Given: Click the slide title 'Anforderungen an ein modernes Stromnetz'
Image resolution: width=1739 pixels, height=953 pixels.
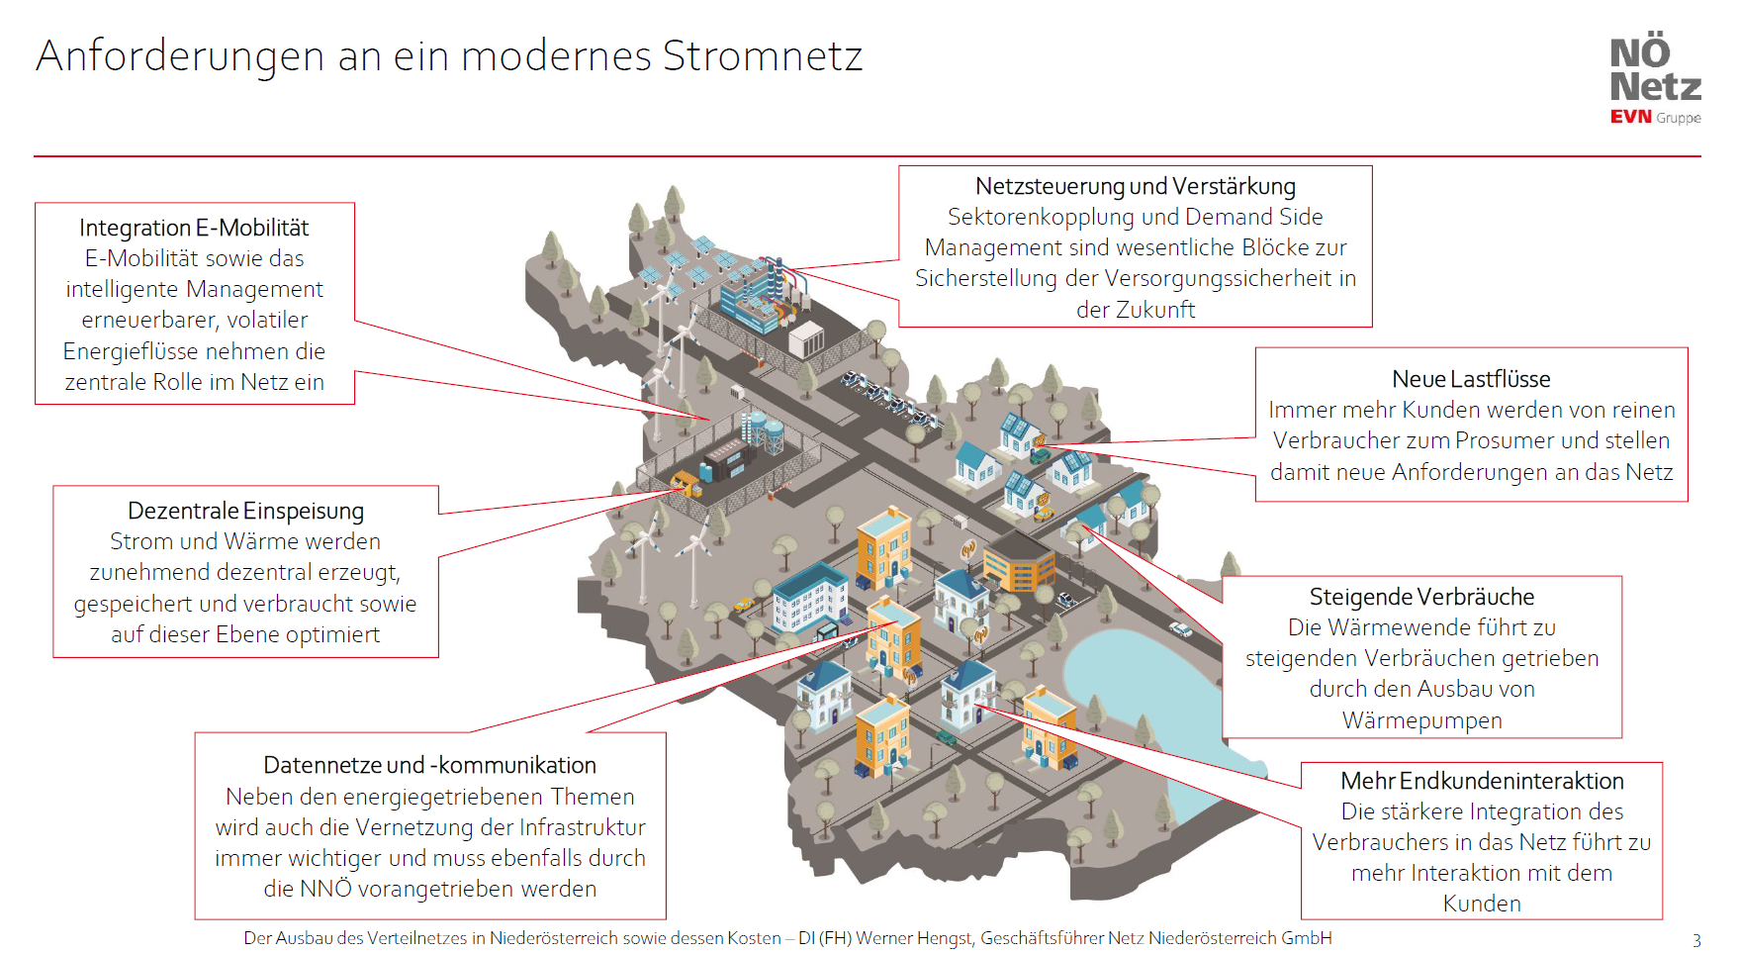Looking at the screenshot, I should (x=449, y=56).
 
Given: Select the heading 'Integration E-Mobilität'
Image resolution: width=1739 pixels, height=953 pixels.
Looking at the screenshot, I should (x=194, y=228).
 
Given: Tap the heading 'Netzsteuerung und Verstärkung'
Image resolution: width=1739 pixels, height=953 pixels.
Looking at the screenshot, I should (x=1135, y=186).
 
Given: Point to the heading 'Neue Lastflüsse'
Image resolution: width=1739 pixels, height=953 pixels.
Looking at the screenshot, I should (x=1471, y=379).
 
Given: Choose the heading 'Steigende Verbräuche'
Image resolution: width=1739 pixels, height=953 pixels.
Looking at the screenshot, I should (x=1421, y=597).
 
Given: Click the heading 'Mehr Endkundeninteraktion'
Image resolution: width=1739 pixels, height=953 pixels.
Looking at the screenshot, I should (x=1481, y=781).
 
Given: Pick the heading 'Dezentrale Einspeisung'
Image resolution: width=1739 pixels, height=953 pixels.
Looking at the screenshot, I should (x=245, y=511).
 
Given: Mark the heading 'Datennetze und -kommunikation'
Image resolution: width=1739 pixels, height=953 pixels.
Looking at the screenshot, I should (x=429, y=765).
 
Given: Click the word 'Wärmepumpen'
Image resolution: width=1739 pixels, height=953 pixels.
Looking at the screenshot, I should (x=1421, y=720).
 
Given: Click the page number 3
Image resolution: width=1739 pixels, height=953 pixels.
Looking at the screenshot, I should (x=1696, y=940).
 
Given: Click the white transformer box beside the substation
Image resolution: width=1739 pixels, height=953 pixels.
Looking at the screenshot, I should (x=806, y=339).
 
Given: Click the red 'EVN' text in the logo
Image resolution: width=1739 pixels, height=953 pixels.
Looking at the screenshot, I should (x=1630, y=117).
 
